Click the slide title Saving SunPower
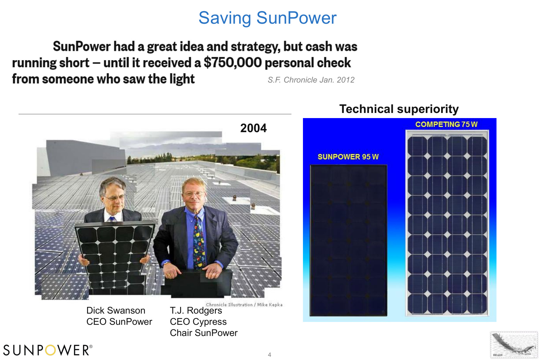tap(267, 18)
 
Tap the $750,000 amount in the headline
tap(233, 63)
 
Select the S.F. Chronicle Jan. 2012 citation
tap(311, 80)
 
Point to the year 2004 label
tap(253, 128)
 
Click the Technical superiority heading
tap(399, 109)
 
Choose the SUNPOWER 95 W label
tap(348, 157)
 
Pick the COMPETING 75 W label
tap(446, 124)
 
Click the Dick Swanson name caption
tap(116, 311)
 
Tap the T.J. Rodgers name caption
tap(196, 311)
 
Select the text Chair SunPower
tap(204, 333)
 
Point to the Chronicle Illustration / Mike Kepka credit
tap(244, 305)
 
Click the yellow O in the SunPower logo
tap(50, 350)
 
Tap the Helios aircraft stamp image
tap(514, 345)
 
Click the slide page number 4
tap(269, 355)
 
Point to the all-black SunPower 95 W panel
tap(348, 240)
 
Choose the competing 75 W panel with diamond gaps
tap(447, 223)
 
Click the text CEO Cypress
tap(198, 322)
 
